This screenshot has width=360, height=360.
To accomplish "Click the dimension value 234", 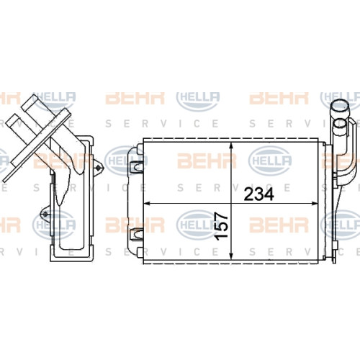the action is (258, 194).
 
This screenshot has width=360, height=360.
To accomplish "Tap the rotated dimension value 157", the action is (221, 226).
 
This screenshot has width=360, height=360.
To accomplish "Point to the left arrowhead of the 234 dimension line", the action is (147, 204).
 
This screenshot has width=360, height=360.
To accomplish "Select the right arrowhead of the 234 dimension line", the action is (315, 204).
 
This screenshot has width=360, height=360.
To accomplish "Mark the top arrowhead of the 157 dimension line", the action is (231, 145).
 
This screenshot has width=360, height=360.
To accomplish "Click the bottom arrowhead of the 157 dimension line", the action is (231, 256).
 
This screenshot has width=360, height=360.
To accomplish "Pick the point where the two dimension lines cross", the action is (231, 204).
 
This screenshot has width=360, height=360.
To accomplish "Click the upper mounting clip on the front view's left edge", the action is (136, 166).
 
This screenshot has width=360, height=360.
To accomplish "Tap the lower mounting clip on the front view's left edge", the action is (136, 233).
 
